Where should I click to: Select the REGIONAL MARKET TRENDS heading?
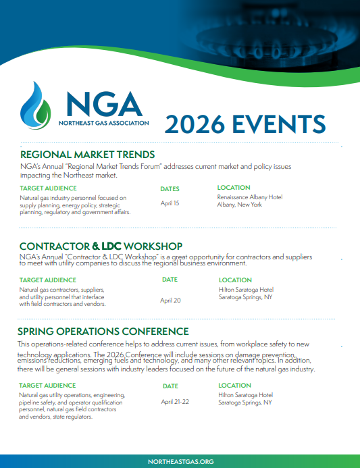click(87, 155)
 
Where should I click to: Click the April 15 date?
click(170, 203)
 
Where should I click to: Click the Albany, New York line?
click(240, 205)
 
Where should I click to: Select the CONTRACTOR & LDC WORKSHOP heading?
click(101, 246)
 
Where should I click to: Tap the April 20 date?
click(170, 300)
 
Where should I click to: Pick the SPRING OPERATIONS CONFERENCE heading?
click(103, 332)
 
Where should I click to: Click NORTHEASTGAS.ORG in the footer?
click(180, 461)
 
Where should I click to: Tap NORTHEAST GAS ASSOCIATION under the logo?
click(101, 124)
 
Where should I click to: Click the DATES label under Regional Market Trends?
click(170, 189)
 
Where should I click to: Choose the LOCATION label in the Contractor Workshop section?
click(235, 280)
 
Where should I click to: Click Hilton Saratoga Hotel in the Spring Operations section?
click(245, 394)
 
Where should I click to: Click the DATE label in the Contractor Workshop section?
click(170, 279)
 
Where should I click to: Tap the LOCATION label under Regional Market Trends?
click(234, 188)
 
